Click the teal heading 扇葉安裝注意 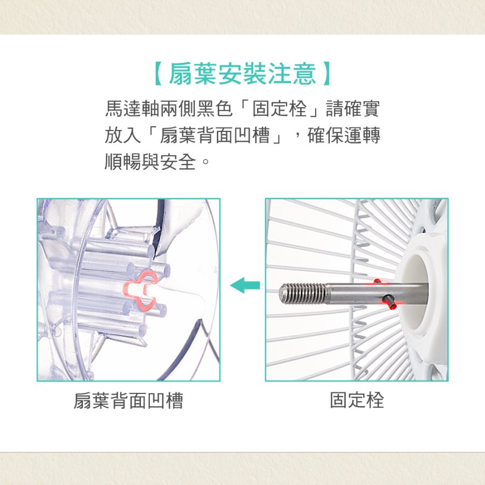[242, 74]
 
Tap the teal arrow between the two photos [245, 285]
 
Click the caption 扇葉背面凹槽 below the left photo [128, 400]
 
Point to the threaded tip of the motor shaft [303, 293]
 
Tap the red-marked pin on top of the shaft [377, 281]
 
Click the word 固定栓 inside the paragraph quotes [279, 108]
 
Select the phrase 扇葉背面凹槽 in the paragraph [215, 135]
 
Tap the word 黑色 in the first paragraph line [214, 108]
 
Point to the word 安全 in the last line [178, 162]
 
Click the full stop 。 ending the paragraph [205, 162]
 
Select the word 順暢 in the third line [123, 162]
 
